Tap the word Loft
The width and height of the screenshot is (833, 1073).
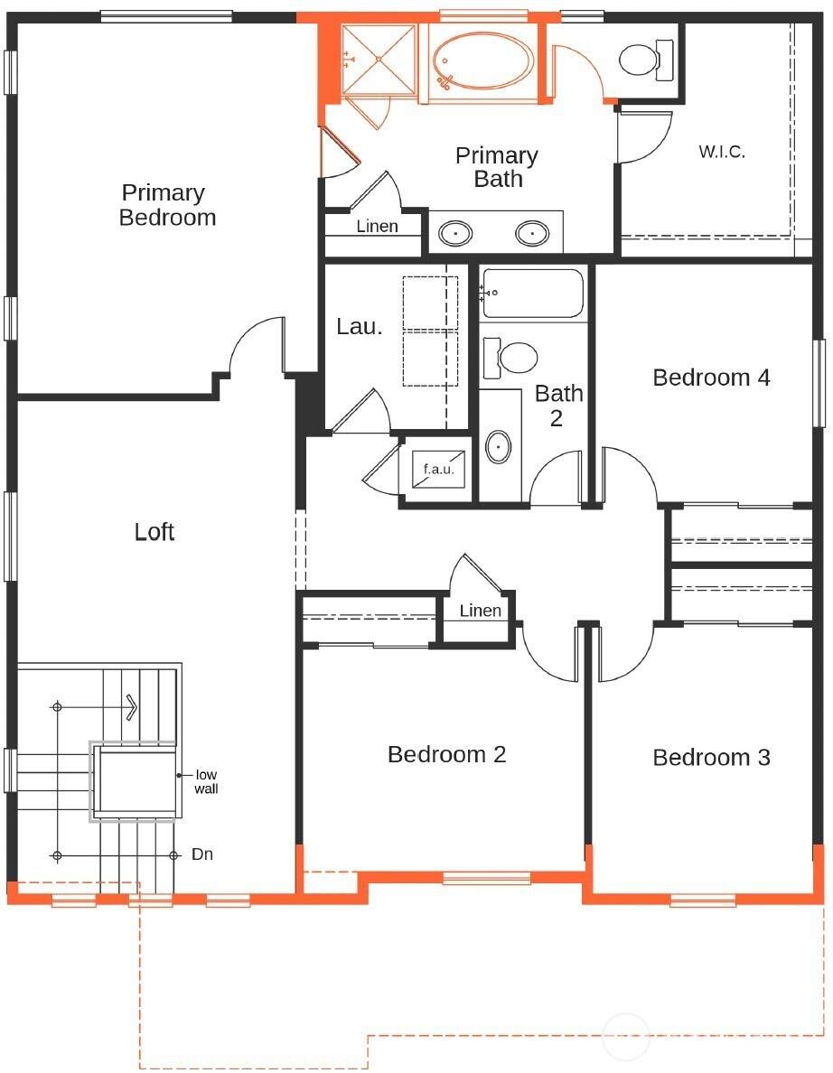click(x=154, y=532)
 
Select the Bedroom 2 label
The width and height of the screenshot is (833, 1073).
click(x=446, y=754)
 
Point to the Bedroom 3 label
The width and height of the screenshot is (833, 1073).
click(x=711, y=758)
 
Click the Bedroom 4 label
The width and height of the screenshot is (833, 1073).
click(x=711, y=377)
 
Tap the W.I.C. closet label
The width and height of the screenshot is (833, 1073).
click(x=722, y=152)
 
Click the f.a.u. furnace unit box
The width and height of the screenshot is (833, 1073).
click(x=438, y=469)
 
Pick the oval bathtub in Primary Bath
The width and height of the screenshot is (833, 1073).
click(x=484, y=61)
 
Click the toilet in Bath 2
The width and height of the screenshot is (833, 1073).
click(x=510, y=358)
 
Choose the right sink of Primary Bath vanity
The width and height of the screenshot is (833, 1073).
click(x=532, y=234)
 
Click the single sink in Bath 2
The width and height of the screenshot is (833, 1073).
click(x=499, y=448)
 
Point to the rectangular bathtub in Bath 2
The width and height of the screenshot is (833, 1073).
click(x=533, y=294)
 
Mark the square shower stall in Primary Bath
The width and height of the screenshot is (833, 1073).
click(x=378, y=61)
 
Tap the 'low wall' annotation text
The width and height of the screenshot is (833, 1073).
click(x=206, y=781)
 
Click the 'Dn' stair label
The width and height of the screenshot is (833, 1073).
click(x=201, y=854)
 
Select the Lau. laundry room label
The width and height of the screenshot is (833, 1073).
click(x=360, y=326)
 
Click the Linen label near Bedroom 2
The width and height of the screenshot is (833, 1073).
click(x=480, y=611)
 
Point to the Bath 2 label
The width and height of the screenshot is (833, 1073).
click(x=558, y=406)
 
